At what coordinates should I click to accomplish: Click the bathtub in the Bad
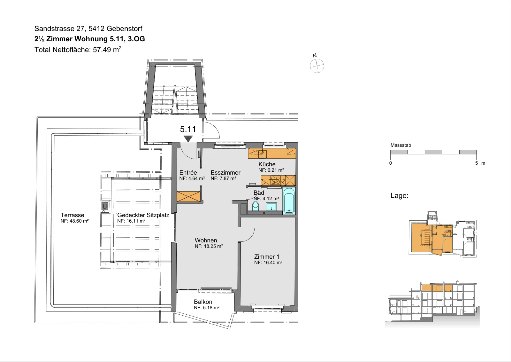coord(289,201)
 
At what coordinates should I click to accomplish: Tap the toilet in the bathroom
coord(256,206)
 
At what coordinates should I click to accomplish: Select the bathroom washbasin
coord(271,207)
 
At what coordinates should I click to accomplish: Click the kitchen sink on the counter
coord(263,154)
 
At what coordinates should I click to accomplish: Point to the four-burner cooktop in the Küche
coord(275,180)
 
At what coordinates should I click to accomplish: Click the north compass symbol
coord(317,66)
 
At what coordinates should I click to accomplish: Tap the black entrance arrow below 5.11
coord(188,139)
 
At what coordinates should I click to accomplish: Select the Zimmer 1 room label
coord(267,257)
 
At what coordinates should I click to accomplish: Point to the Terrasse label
coord(72,215)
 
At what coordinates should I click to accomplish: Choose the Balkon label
coord(203,302)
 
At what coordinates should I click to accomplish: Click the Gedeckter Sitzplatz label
coord(143,215)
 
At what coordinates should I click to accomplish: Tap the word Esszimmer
coord(225,172)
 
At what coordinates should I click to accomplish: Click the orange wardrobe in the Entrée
coord(188,196)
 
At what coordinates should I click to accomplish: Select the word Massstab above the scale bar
coord(400,145)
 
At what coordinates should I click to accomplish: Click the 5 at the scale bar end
coord(477,163)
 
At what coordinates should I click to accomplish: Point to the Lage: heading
coord(400,195)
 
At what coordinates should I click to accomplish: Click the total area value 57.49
coord(102,50)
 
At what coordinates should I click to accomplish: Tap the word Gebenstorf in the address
coord(124,28)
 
